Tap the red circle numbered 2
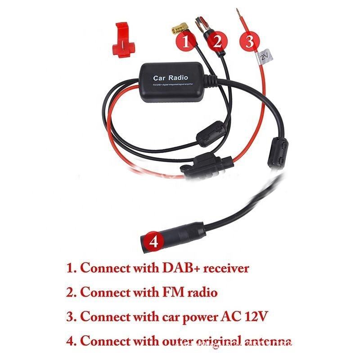(217, 42)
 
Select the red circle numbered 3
(250, 42)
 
